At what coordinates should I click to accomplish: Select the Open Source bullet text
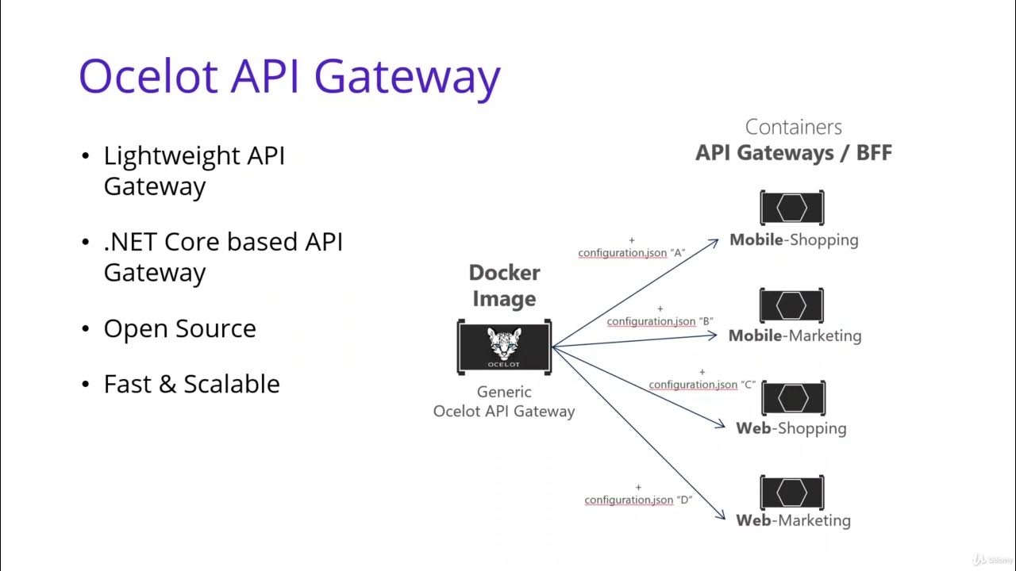[179, 328]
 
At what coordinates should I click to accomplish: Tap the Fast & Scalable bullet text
[191, 384]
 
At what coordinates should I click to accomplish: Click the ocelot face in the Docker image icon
[504, 343]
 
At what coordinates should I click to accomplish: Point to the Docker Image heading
[504, 285]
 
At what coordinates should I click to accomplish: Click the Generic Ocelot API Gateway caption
[504, 401]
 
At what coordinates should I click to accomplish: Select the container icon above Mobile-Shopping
[791, 209]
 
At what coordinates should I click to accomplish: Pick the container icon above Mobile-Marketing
[791, 305]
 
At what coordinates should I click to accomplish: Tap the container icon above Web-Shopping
[791, 398]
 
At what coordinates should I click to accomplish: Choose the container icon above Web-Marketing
[791, 492]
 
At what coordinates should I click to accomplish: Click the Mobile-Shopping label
[794, 240]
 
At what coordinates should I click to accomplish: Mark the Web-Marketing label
[793, 520]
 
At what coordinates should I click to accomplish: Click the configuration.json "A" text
[631, 253]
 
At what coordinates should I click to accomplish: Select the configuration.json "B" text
[660, 321]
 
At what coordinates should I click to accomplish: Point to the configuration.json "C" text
[702, 385]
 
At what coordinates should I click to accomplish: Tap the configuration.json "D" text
[638, 500]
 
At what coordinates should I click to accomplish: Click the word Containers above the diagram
[794, 127]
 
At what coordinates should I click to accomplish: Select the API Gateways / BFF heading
[794, 153]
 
